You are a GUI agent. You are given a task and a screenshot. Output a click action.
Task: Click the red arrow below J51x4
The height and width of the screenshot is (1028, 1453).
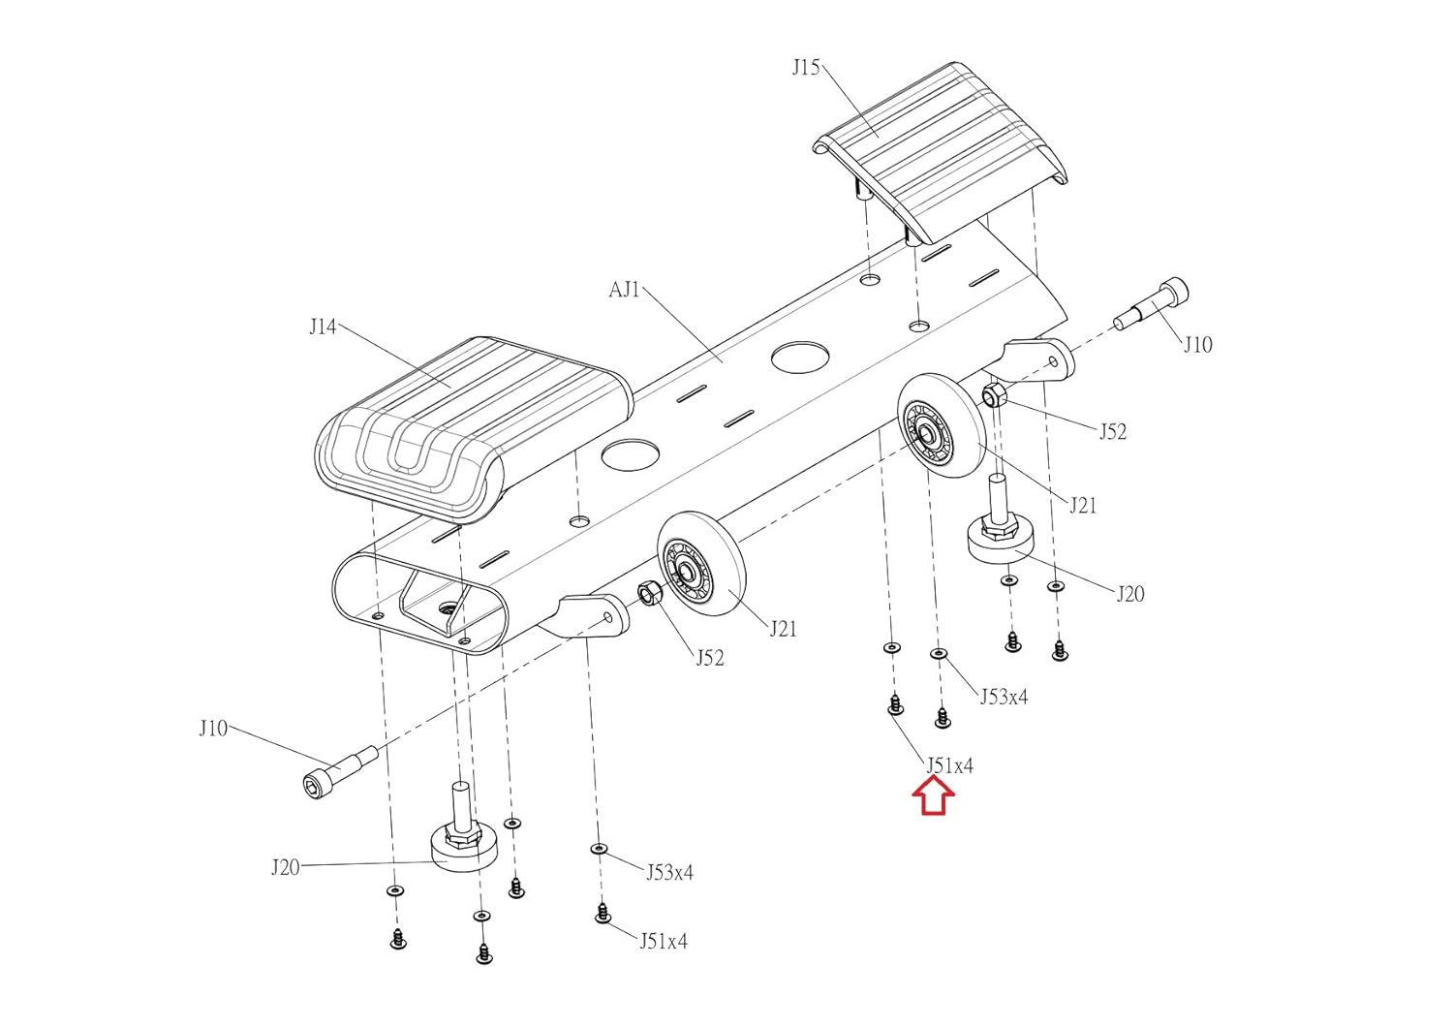tap(934, 798)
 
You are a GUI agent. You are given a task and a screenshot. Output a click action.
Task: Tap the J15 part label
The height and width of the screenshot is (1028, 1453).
tap(806, 68)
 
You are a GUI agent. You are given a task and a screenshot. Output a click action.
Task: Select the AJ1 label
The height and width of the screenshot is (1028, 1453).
tap(624, 290)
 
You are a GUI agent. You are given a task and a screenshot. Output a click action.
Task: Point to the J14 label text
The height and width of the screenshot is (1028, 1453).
tap(323, 327)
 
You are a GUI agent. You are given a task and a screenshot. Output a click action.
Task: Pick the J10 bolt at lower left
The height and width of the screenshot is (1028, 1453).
tap(341, 772)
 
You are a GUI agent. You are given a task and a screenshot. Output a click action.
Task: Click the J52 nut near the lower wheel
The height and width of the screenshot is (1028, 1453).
tap(649, 593)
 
